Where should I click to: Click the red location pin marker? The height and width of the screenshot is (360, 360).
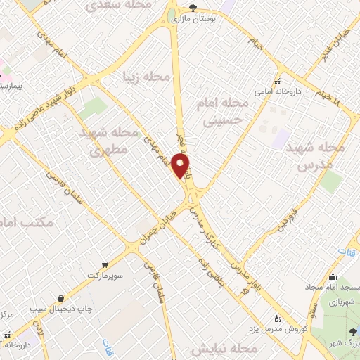coord(181,166)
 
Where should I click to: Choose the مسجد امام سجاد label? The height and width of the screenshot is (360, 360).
coord(333,288)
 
